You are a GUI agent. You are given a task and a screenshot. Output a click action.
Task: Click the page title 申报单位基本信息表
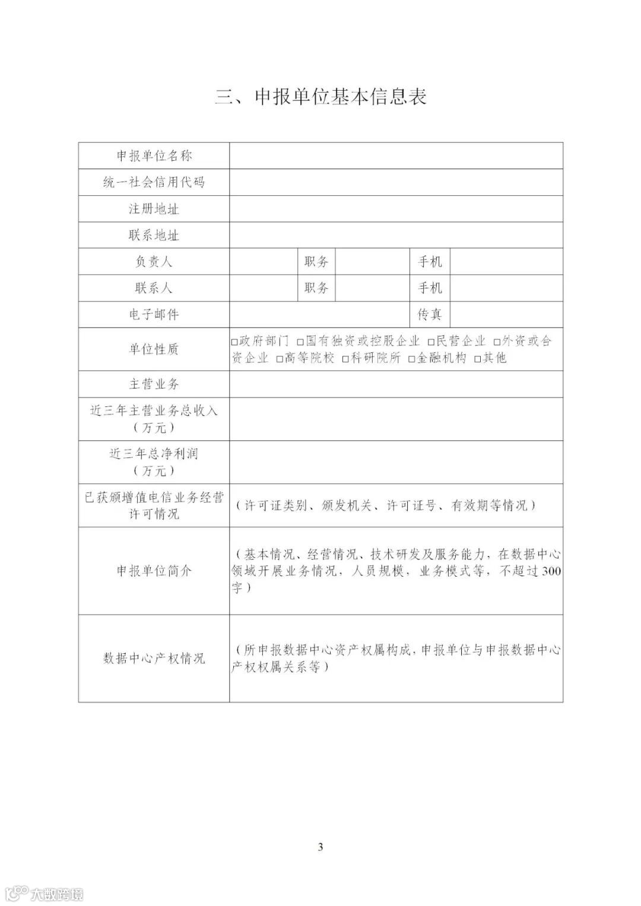click(x=320, y=97)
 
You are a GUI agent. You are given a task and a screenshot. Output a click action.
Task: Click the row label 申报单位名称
click(x=154, y=156)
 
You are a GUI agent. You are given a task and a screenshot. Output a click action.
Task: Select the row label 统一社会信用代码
click(x=154, y=182)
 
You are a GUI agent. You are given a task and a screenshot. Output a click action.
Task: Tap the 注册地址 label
click(x=154, y=209)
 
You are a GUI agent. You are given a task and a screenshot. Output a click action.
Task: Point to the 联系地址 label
click(x=154, y=236)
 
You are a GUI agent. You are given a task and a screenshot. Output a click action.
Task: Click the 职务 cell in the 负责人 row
click(x=316, y=262)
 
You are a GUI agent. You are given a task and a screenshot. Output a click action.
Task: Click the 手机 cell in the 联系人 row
click(x=430, y=288)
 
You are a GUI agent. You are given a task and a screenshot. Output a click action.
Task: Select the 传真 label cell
click(x=430, y=314)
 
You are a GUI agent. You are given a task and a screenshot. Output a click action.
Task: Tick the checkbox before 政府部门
click(x=234, y=342)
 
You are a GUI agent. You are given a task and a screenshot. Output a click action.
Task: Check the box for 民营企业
click(x=432, y=342)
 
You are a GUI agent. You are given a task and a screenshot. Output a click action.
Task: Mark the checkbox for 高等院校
click(x=280, y=360)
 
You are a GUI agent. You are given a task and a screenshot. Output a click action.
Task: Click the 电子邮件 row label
click(x=154, y=314)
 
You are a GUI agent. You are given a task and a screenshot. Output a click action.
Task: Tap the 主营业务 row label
click(x=154, y=384)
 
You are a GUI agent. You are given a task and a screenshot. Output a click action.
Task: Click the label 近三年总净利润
click(x=154, y=454)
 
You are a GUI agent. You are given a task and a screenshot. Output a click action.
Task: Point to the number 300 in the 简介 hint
click(x=551, y=571)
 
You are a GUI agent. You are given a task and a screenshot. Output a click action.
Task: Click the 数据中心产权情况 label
click(x=154, y=659)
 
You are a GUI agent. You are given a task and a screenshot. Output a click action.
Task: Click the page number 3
click(x=320, y=847)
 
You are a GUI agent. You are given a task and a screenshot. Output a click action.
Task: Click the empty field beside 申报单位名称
click(x=396, y=156)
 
